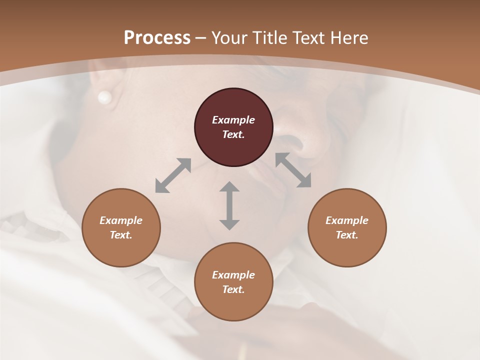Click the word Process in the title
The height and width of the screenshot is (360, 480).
pyautogui.click(x=157, y=38)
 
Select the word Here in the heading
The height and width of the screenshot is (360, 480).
pyautogui.click(x=348, y=38)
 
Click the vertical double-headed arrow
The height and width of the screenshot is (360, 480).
pyautogui.click(x=229, y=205)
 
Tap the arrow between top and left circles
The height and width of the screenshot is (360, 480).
pyautogui.click(x=173, y=175)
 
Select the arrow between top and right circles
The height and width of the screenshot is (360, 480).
pyautogui.click(x=293, y=170)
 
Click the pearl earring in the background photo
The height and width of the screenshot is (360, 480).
pyautogui.click(x=104, y=97)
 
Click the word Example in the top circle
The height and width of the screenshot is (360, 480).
pyautogui.click(x=233, y=120)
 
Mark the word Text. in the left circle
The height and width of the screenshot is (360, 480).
pyautogui.click(x=121, y=235)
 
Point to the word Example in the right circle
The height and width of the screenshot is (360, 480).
pyautogui.click(x=347, y=220)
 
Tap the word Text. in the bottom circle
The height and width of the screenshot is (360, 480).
pyautogui.click(x=233, y=289)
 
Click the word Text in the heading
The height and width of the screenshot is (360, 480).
pyautogui.click(x=309, y=38)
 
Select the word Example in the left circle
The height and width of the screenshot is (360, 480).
pyautogui.click(x=121, y=220)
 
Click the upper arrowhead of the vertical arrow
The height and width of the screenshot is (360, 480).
pyautogui.click(x=229, y=187)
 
